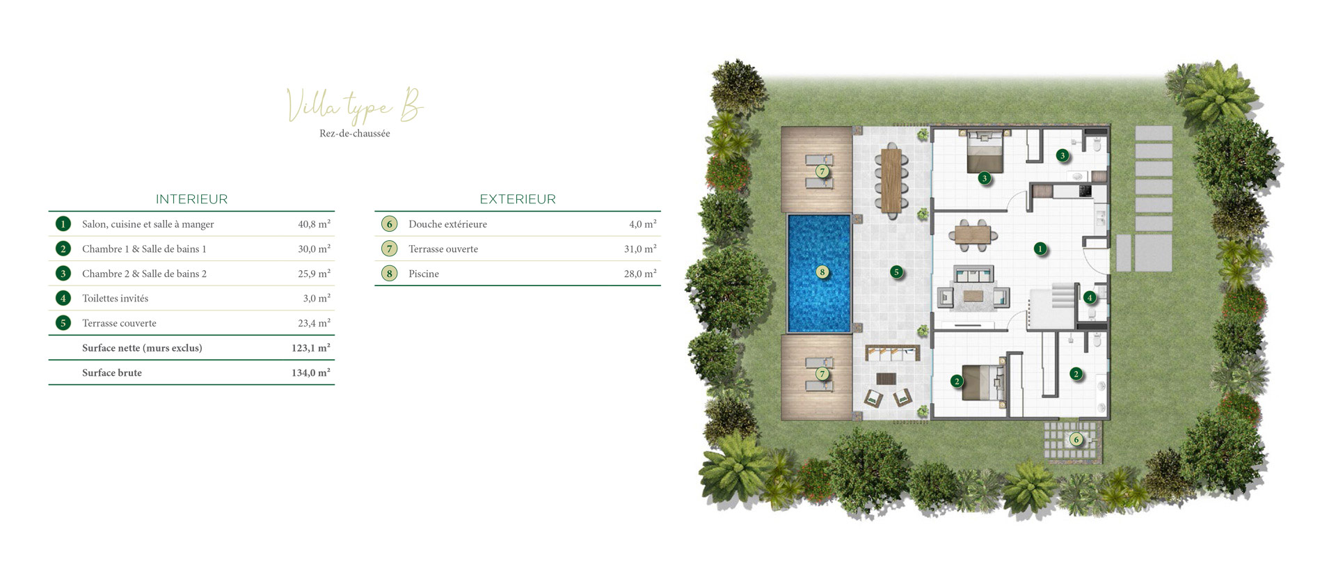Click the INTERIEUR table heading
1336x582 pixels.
pos(191,199)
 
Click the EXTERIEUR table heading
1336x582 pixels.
pos(518,199)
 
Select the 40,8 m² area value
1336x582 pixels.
pos(314,224)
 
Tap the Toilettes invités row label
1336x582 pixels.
pos(116,298)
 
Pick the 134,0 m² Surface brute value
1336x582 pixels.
pos(310,372)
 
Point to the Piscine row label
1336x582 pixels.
pos(424,274)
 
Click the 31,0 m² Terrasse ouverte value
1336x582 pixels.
pos(640,249)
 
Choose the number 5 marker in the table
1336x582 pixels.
pos(63,323)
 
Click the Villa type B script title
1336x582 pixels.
pos(355,107)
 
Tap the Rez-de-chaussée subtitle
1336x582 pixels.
pos(355,134)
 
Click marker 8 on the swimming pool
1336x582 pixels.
pos(822,272)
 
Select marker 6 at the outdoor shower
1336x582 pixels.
pos(1076,439)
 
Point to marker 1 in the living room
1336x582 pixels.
pos(1040,249)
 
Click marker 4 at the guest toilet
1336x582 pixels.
pos(1090,298)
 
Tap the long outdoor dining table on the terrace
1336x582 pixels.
pos(891,180)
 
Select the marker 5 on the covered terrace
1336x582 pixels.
pos(897,272)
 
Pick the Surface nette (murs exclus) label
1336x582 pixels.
pos(142,348)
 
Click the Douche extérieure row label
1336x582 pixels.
pos(447,224)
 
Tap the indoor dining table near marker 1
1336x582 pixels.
pos(973,235)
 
